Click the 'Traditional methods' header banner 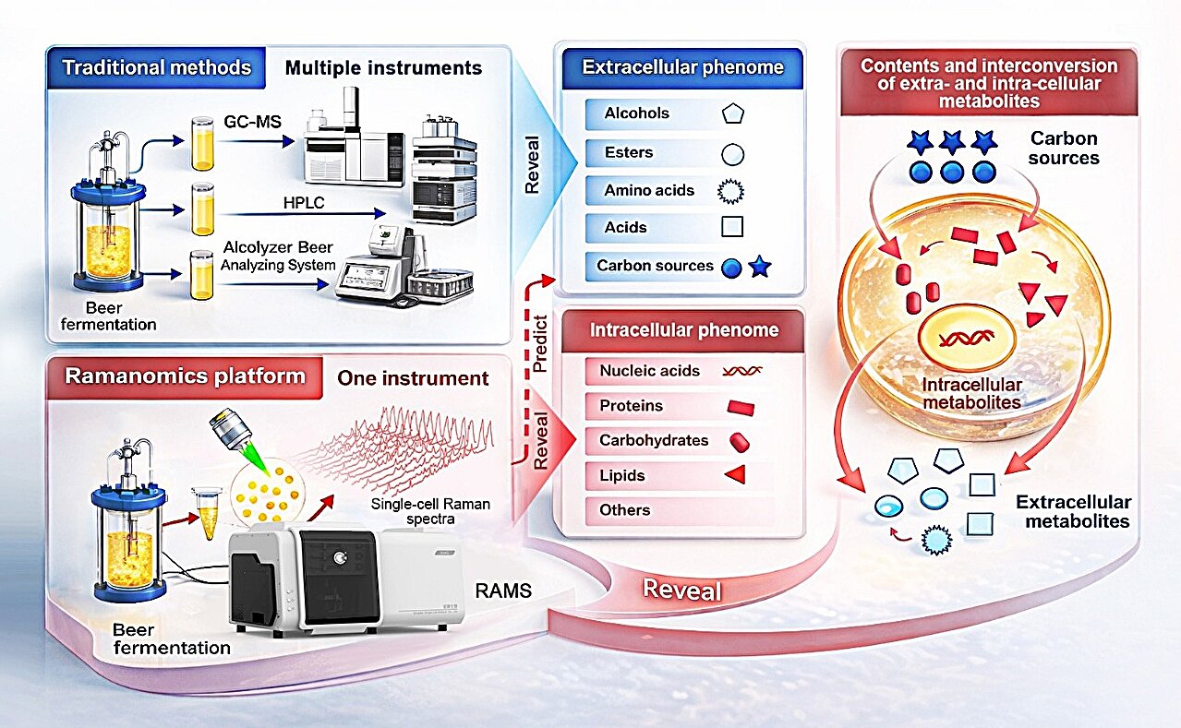pyautogui.click(x=156, y=67)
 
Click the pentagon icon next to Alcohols pyautogui.click(x=731, y=114)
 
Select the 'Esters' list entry pyautogui.click(x=629, y=152)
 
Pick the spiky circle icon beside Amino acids pyautogui.click(x=731, y=191)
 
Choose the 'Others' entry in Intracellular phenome pyautogui.click(x=625, y=509)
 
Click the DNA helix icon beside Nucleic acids pyautogui.click(x=742, y=371)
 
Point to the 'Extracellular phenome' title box pyautogui.click(x=682, y=67)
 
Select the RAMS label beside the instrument pyautogui.click(x=502, y=591)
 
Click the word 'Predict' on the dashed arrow pyautogui.click(x=540, y=343)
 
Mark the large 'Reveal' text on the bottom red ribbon pyautogui.click(x=682, y=589)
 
